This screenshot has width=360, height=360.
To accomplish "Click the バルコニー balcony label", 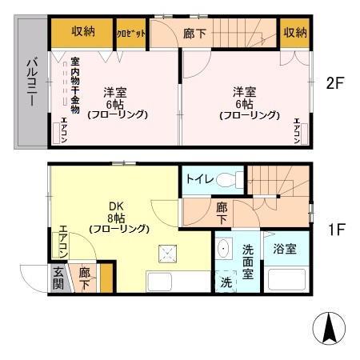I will [x=30, y=82].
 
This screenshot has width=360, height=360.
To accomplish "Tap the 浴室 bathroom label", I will [x=284, y=248].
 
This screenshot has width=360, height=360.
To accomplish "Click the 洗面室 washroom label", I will [x=249, y=261].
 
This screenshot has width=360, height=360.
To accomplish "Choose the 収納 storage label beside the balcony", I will [x=83, y=32].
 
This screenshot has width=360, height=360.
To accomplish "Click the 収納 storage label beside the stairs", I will [x=294, y=32].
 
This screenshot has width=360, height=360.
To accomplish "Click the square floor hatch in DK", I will [x=169, y=254].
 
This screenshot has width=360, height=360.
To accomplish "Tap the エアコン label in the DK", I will [x=62, y=242].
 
